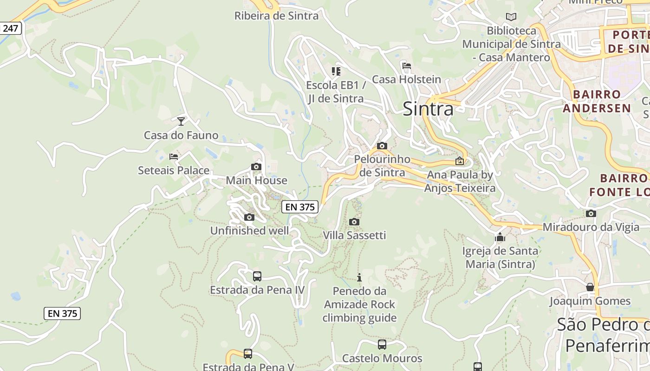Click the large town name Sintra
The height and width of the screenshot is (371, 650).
click(x=428, y=109)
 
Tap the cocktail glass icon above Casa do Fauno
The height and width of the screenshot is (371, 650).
click(x=181, y=121)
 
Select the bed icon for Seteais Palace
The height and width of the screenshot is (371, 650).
click(x=174, y=157)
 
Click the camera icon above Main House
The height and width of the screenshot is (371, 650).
click(x=256, y=166)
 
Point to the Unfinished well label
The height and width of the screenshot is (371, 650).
click(x=249, y=230)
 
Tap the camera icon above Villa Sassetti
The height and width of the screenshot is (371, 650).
click(x=354, y=222)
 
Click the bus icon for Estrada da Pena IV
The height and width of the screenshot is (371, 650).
click(x=257, y=276)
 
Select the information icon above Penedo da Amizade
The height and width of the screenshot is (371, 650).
click(x=359, y=277)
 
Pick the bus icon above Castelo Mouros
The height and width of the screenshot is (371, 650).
click(x=382, y=345)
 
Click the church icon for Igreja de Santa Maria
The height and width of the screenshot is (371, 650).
click(x=500, y=237)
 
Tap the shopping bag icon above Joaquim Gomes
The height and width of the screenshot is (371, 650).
click(x=590, y=287)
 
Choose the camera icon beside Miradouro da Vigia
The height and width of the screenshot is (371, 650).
click(x=591, y=213)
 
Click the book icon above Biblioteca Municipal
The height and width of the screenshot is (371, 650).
click(x=511, y=17)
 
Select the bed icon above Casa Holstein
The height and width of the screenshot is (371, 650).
click(x=407, y=65)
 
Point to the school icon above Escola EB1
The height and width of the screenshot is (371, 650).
click(x=336, y=71)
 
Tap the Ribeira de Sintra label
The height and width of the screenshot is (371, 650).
click(x=276, y=16)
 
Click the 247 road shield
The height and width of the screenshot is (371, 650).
click(x=10, y=28)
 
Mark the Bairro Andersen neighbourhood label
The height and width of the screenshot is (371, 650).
click(x=597, y=101)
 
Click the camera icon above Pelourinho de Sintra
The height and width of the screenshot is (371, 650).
click(x=382, y=146)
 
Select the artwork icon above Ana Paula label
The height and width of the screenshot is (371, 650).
click(x=460, y=161)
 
